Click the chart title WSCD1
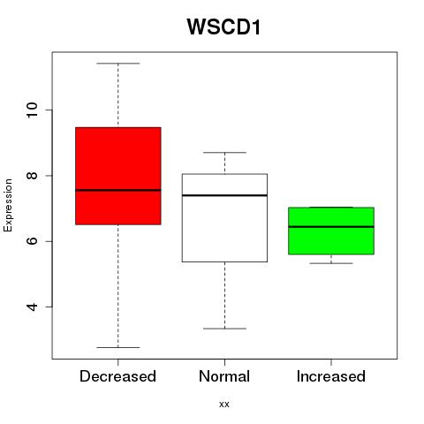tap(223, 27)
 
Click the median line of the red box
tap(118, 190)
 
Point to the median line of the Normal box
tap(224, 195)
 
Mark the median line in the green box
tap(331, 227)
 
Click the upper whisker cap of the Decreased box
tap(118, 64)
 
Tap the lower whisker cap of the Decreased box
tap(118, 347)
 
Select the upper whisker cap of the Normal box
tap(224, 153)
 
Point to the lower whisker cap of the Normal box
tap(224, 329)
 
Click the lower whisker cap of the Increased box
tap(331, 263)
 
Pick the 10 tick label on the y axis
tap(32, 110)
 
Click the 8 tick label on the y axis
tap(32, 176)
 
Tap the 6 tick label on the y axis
tap(32, 241)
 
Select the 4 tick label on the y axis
tap(32, 307)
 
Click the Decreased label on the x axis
tap(117, 376)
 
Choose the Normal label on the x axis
tap(224, 376)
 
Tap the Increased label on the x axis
tap(331, 376)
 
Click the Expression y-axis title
tap(8, 205)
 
